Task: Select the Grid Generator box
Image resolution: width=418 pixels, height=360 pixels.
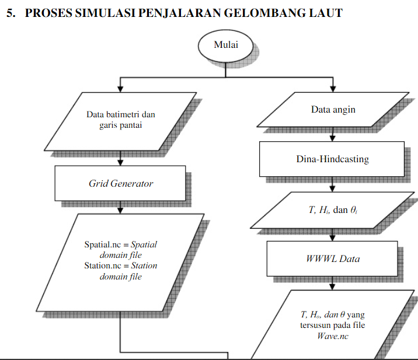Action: (x=120, y=183)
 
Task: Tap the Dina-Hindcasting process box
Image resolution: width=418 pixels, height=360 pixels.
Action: (x=332, y=159)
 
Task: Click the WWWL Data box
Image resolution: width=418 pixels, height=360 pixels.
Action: (x=332, y=258)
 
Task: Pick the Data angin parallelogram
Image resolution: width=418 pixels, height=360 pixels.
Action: (x=333, y=109)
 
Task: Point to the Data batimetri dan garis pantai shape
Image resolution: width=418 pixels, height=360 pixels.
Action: (x=121, y=120)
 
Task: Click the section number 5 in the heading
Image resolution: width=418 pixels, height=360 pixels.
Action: (x=10, y=13)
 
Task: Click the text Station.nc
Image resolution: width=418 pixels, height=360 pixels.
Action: (x=102, y=266)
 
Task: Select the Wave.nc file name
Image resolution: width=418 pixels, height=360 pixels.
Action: (x=333, y=335)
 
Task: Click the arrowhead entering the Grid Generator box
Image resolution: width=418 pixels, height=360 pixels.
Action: (x=120, y=162)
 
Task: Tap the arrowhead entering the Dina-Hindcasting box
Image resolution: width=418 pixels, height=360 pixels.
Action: (x=333, y=139)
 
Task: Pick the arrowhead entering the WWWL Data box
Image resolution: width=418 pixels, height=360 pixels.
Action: (x=333, y=237)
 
